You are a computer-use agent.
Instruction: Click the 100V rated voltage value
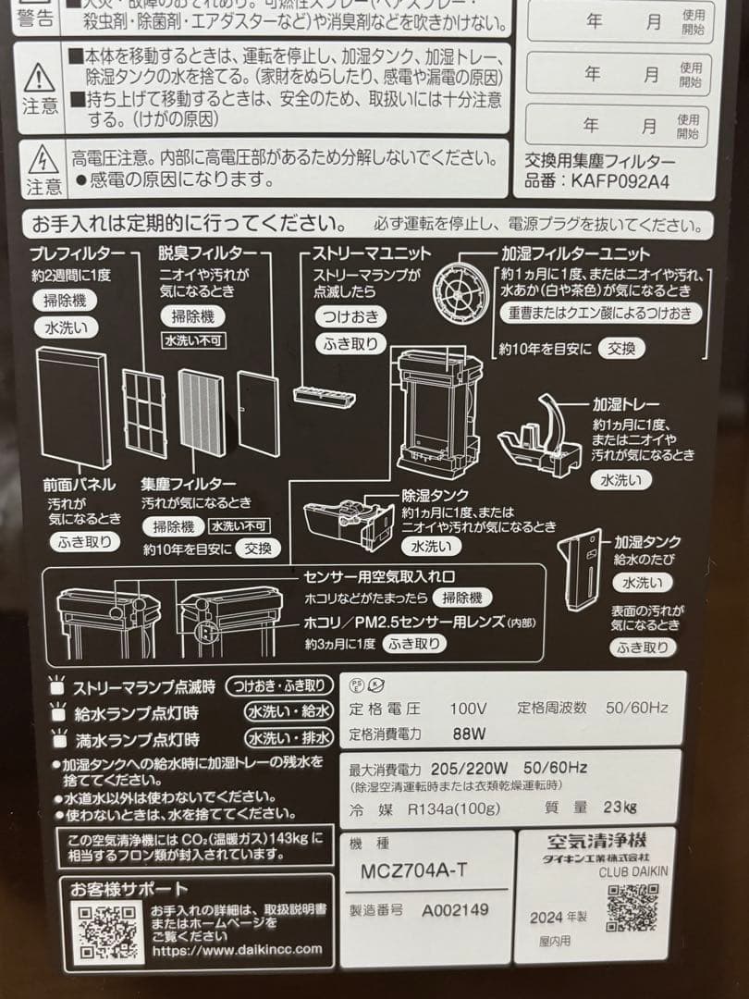click(468, 709)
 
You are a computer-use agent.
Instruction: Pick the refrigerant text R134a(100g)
click(454, 808)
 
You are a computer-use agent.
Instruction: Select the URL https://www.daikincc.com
click(237, 949)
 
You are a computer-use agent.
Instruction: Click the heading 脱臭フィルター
click(201, 253)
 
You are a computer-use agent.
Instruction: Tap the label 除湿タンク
click(435, 496)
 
